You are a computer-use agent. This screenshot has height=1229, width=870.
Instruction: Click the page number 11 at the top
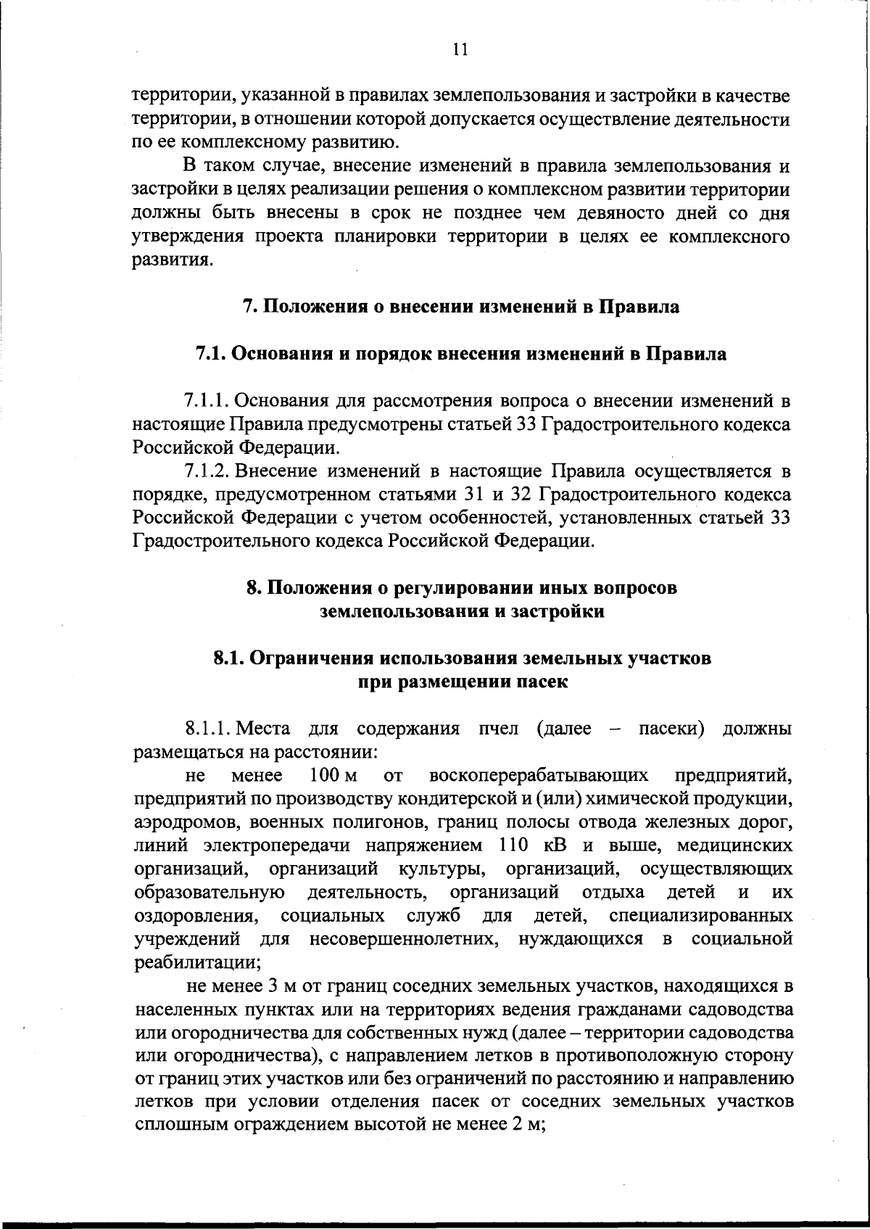pos(459,50)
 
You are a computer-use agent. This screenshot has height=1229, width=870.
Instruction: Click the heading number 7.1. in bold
pos(211,355)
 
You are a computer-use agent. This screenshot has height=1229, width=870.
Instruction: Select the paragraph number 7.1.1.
pos(207,400)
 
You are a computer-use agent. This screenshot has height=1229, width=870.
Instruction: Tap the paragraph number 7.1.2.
pos(207,472)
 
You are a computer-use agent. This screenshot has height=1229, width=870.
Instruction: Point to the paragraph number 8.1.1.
pos(207,728)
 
